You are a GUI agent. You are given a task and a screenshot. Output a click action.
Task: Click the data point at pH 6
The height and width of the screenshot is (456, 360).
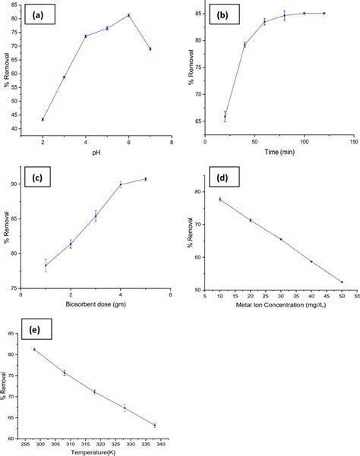tap(128, 15)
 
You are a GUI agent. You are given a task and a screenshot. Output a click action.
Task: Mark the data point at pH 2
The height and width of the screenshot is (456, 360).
tap(43, 119)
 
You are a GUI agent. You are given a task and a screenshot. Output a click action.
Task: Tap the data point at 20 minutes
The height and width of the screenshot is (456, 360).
tap(225, 116)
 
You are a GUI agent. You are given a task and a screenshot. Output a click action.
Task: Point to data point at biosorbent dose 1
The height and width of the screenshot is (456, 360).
tap(46, 265)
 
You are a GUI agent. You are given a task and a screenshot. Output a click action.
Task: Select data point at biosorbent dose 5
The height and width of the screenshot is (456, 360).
tap(145, 179)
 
